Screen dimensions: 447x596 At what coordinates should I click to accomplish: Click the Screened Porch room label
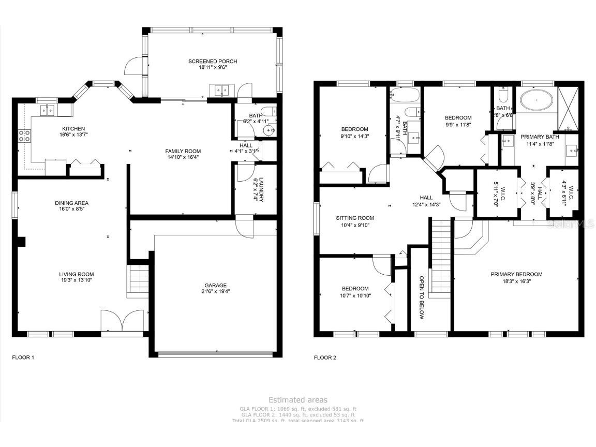point(213,62)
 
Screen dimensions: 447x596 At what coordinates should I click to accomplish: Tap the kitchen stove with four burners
point(24,136)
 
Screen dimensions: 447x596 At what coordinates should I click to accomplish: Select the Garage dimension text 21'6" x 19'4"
point(215,292)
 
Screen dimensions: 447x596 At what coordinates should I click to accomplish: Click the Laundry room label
point(261,190)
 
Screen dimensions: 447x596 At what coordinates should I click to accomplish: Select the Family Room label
point(182,151)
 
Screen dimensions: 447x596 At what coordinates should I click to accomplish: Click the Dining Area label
point(71,203)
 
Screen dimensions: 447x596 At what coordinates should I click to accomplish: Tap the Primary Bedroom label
point(516,274)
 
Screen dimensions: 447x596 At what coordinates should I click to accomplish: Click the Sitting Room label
point(354,218)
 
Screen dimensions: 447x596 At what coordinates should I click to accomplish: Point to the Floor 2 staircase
point(441,258)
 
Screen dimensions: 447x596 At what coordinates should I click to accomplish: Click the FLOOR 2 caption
point(325,357)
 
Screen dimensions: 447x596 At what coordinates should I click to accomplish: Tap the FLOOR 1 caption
point(23,357)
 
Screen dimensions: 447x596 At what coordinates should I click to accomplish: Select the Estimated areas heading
point(297,400)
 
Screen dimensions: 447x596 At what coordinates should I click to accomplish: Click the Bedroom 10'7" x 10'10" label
point(355,289)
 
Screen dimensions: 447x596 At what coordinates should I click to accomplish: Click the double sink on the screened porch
point(222,91)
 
